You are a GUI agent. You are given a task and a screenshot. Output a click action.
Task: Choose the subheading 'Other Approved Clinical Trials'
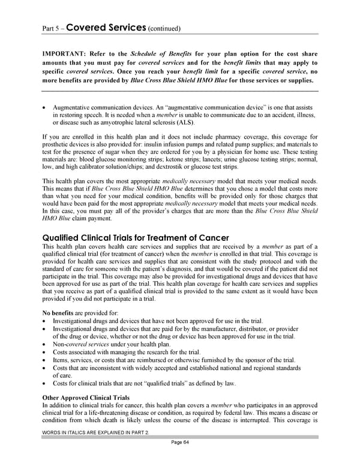(88, 398)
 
